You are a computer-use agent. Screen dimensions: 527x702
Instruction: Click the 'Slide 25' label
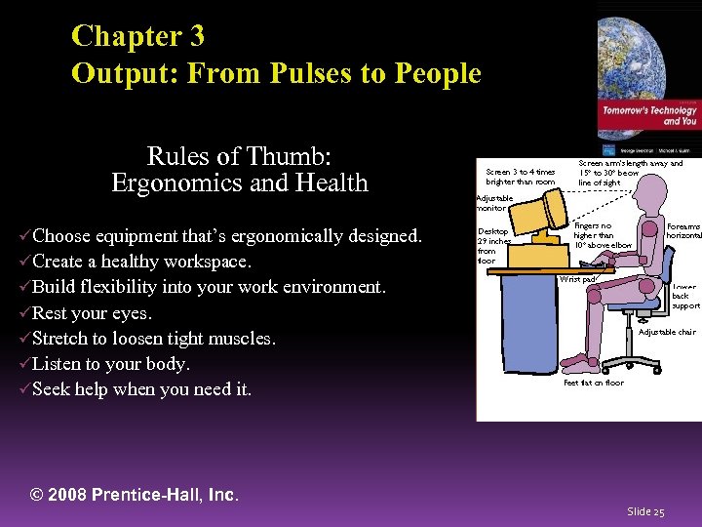click(645, 511)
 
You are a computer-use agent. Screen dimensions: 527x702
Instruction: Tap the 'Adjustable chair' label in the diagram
click(667, 332)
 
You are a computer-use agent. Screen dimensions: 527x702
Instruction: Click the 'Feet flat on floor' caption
click(593, 383)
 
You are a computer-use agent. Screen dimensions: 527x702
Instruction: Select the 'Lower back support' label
click(685, 296)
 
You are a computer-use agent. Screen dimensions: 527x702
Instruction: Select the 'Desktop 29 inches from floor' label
click(493, 246)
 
